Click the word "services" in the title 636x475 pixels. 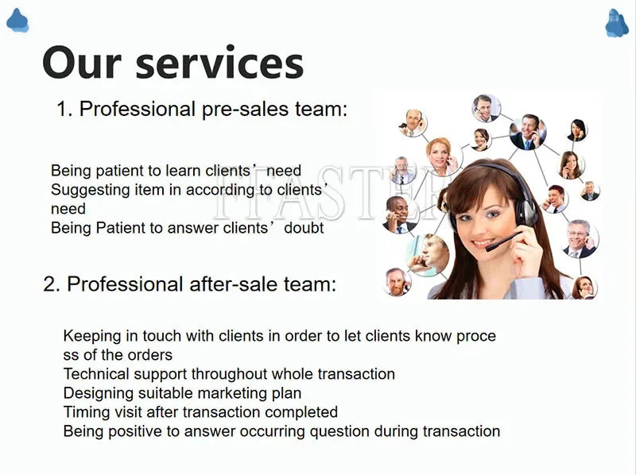coord(219,64)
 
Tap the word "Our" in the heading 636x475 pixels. coord(82,63)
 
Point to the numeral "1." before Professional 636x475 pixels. coord(64,109)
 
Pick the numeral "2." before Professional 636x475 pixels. coord(52,284)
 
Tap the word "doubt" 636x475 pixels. coord(304,228)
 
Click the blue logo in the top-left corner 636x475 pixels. coord(17,21)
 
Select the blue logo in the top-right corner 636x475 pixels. coord(617,23)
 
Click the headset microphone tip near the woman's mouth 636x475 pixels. coord(489,247)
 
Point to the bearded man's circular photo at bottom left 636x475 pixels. coord(397,282)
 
